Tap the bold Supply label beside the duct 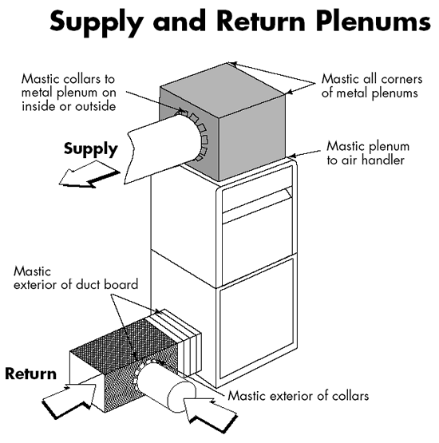coord(90,149)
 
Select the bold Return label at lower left coord(31,374)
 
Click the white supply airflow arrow coord(89,175)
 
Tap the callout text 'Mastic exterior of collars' coord(298,396)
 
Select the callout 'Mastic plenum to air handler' coord(368,152)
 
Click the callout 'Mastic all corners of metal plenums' coord(372,86)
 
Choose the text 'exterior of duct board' coord(76,284)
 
